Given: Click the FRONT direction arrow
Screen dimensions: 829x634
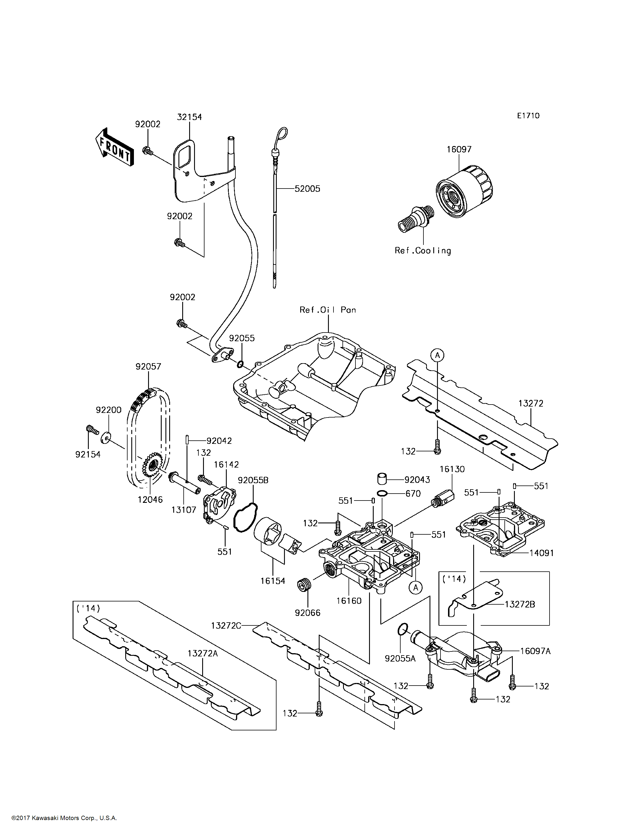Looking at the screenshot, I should coord(114,147).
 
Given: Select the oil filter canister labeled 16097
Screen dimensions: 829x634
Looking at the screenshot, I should coord(464,191).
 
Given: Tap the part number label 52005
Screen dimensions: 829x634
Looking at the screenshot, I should coord(307,189).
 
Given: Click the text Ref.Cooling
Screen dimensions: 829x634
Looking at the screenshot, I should coord(423,250).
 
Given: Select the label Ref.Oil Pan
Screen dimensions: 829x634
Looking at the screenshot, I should coord(328,310).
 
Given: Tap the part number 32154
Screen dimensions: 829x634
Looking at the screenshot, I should coord(189,117).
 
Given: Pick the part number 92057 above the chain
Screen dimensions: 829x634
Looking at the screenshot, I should coord(148,366).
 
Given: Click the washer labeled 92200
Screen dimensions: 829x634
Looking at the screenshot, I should coord(106,438).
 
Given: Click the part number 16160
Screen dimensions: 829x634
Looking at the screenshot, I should coord(349,601).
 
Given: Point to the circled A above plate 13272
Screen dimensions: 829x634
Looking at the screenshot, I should coord(437,355).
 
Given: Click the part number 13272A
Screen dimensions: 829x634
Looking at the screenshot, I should coord(203,653).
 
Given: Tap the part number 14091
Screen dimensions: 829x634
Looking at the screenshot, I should coord(541,553).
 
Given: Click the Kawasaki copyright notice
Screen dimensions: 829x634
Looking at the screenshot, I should coord(64,818).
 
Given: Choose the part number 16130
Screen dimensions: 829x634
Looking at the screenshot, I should coord(452,469).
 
